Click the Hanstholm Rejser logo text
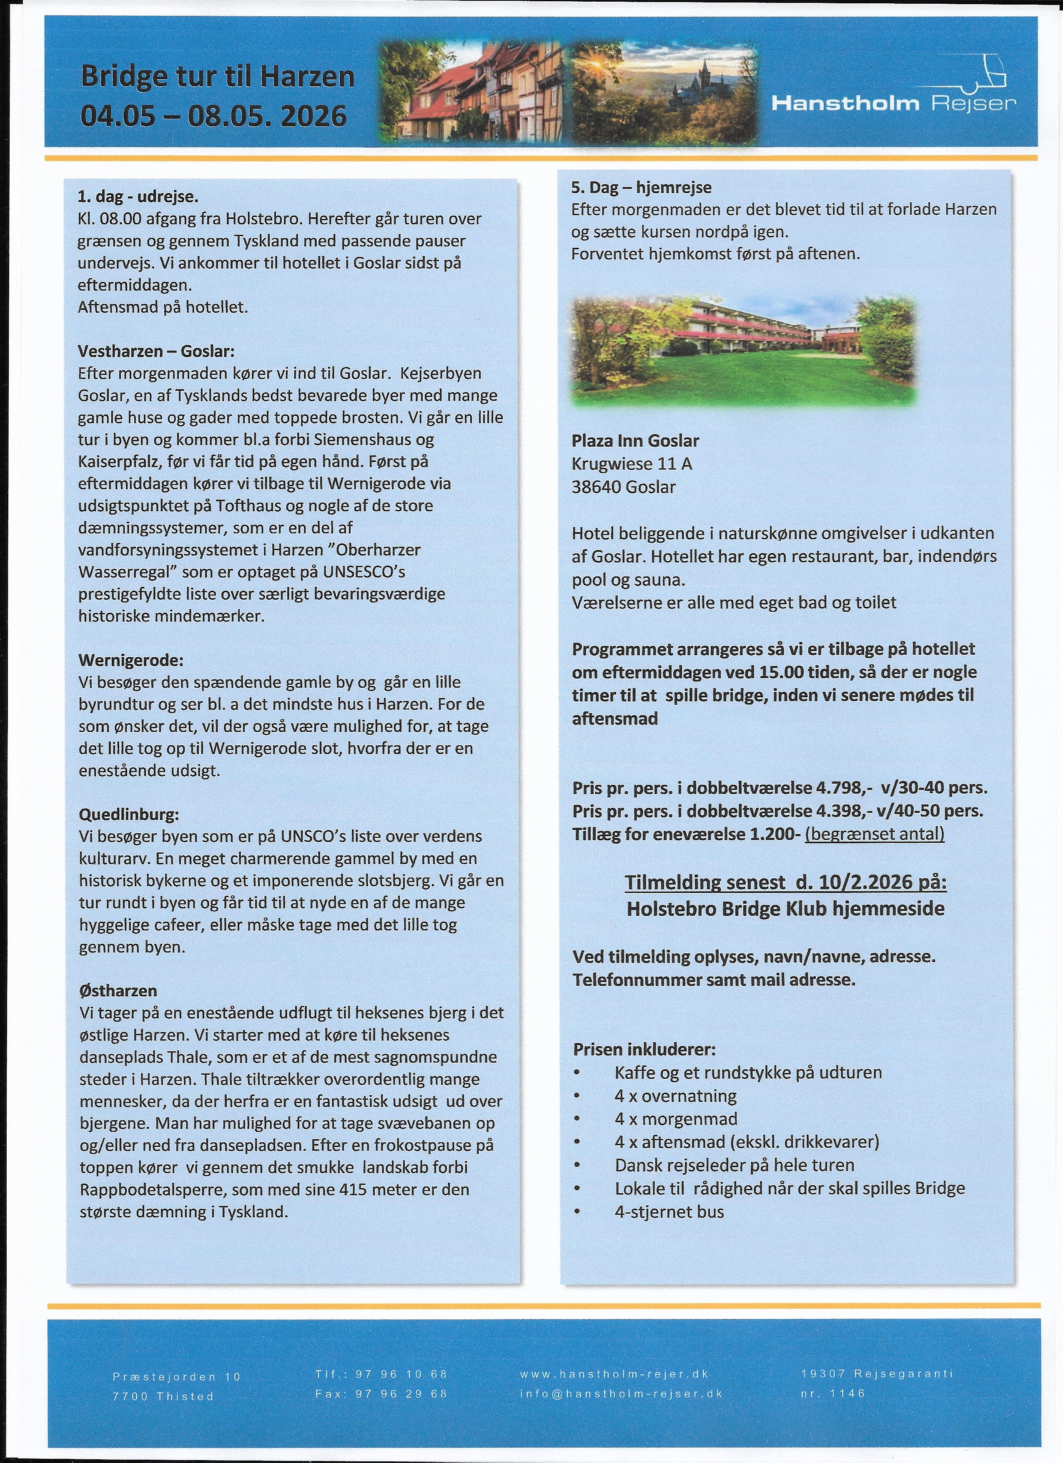pos(893,103)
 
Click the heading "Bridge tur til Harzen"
pos(217,77)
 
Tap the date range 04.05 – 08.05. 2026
pos(213,116)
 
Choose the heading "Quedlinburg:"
pos(129,814)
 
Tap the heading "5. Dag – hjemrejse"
pos(641,187)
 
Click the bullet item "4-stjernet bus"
pos(669,1212)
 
